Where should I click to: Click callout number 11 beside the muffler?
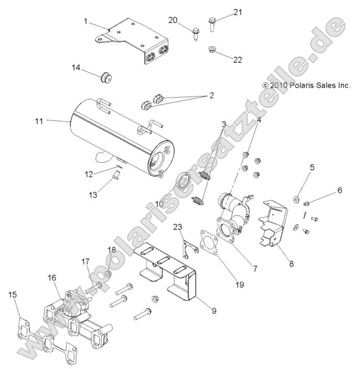(x=38, y=121)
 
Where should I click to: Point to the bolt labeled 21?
(x=213, y=24)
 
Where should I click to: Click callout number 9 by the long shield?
(x=214, y=311)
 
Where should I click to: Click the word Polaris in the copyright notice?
(x=300, y=85)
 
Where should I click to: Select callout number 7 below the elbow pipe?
(x=255, y=269)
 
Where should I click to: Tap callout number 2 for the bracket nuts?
(x=211, y=95)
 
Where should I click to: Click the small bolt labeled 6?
(x=309, y=202)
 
